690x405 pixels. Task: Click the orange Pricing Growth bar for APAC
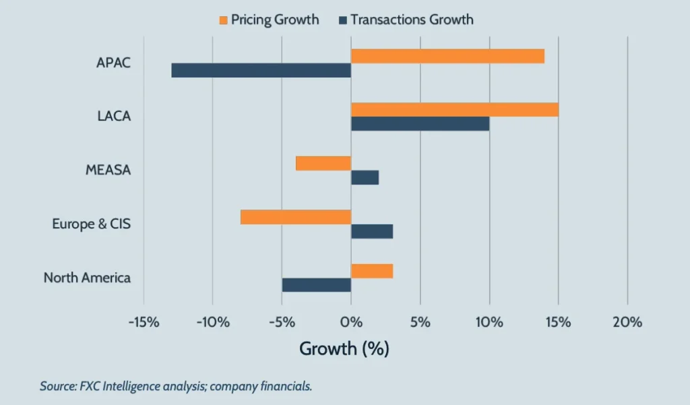447,56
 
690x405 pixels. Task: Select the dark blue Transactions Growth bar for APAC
261,70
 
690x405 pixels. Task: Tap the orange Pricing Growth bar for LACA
454,109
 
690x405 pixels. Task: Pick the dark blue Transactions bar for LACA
420,123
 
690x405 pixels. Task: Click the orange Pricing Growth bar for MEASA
323,163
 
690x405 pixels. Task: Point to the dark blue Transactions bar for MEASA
365,177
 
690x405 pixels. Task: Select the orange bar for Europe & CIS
296,216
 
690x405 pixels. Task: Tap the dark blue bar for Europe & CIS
371,231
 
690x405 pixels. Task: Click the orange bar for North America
371,271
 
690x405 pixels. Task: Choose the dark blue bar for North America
316,285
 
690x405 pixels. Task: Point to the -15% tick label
143,322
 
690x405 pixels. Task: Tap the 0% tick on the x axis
350,322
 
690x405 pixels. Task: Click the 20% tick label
627,322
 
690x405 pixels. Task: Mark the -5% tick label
282,322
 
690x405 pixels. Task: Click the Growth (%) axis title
344,348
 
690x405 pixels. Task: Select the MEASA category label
108,170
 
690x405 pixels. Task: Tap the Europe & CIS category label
91,224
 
